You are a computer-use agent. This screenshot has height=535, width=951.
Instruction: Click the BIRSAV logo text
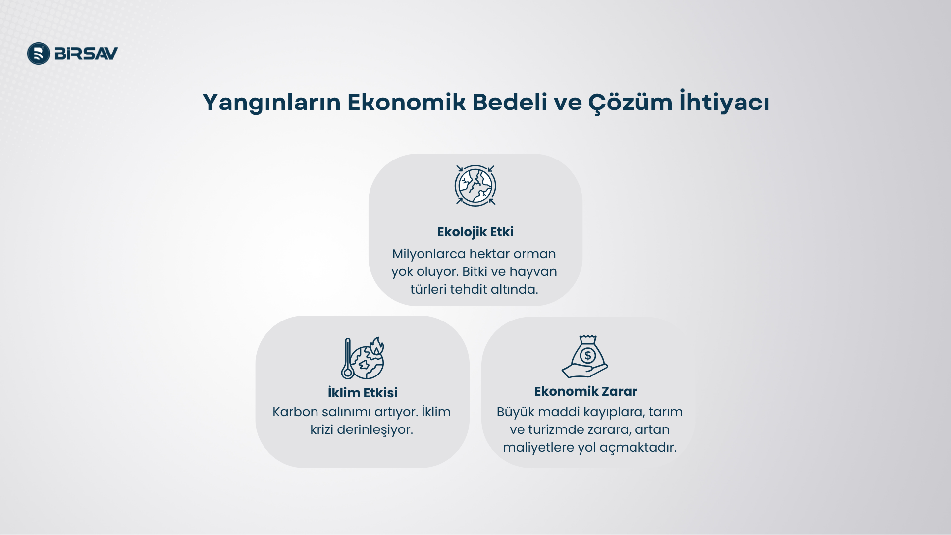86,53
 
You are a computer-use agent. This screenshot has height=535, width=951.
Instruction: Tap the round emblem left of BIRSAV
39,53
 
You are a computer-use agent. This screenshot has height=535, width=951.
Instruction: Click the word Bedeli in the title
510,102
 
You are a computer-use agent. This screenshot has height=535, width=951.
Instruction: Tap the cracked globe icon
475,185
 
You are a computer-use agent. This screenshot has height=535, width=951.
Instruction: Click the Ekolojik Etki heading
475,232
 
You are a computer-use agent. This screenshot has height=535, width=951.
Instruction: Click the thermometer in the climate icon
348,359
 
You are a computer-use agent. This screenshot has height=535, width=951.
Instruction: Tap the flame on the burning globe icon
376,346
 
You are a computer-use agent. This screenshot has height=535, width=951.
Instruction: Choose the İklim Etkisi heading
363,393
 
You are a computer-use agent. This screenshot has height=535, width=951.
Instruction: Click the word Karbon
295,412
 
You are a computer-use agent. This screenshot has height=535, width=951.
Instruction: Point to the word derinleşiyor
375,430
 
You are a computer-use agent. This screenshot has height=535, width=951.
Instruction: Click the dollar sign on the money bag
588,355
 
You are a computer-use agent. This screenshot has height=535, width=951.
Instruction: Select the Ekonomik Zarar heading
585,391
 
